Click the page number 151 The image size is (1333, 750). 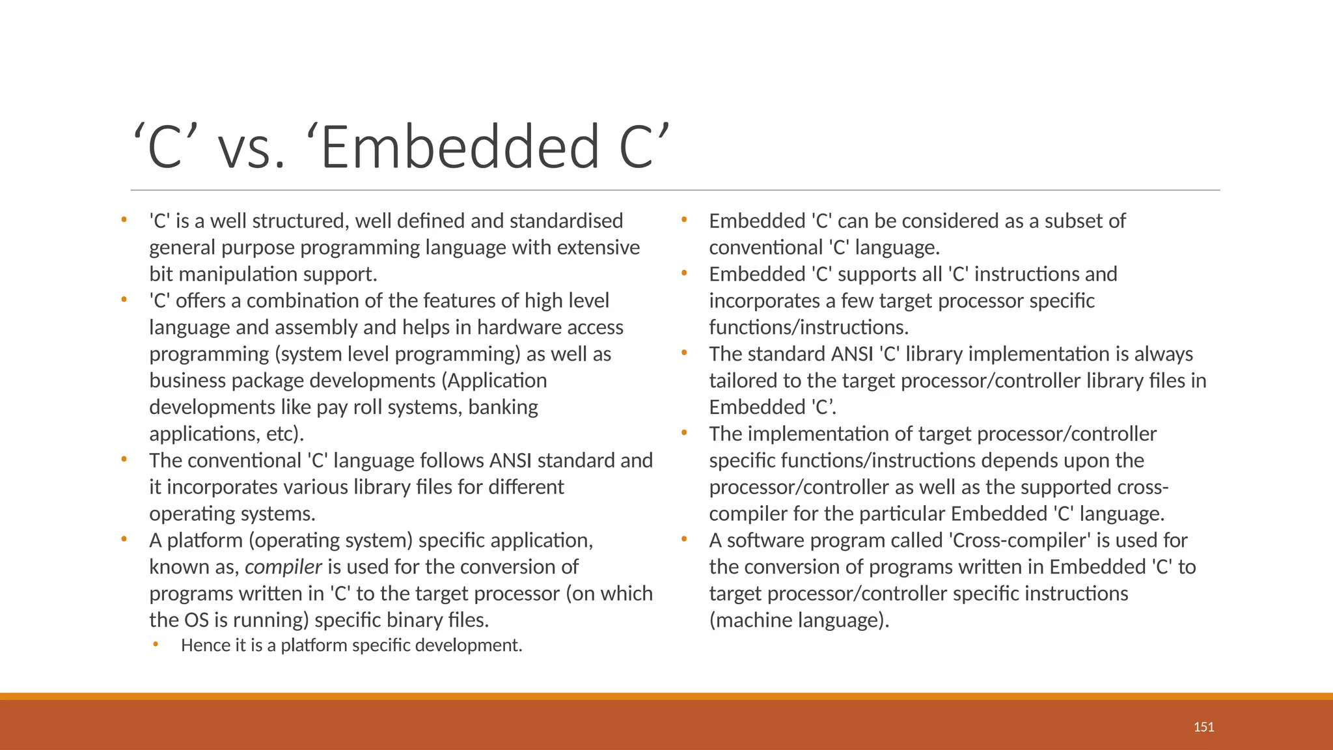[1203, 727]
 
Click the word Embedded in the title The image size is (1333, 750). [459, 147]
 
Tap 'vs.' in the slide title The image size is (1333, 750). [251, 147]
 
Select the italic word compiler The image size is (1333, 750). [283, 567]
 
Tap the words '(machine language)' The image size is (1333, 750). [799, 620]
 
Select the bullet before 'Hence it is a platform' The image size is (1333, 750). [156, 645]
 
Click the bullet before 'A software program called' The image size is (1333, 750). [684, 539]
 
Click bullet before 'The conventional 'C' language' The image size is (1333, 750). [124, 460]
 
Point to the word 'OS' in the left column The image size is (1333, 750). [197, 620]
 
